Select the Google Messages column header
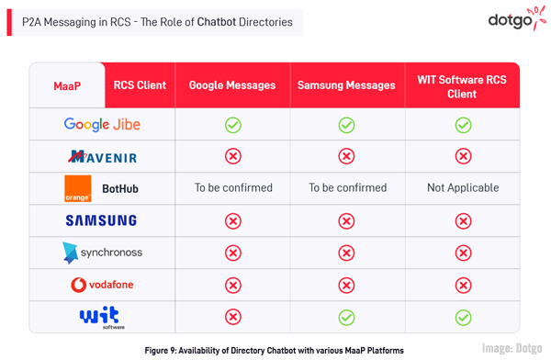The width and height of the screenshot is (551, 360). pyautogui.click(x=232, y=85)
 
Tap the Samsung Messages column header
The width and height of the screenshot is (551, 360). pyautogui.click(x=346, y=85)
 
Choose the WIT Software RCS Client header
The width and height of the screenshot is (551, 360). pyautogui.click(x=462, y=86)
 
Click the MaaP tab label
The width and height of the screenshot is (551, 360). pyautogui.click(x=67, y=86)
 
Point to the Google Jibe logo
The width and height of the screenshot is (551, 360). pyautogui.click(x=102, y=124)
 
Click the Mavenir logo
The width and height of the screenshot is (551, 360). pyautogui.click(x=102, y=156)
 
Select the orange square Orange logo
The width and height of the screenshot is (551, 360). pyautogui.click(x=78, y=188)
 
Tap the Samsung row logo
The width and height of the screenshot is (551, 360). pyautogui.click(x=101, y=220)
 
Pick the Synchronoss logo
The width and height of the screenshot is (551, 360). pyautogui.click(x=102, y=253)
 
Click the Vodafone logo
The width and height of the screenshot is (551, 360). pyautogui.click(x=102, y=285)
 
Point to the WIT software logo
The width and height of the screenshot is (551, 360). pyautogui.click(x=101, y=318)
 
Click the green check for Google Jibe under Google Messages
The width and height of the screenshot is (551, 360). pyautogui.click(x=233, y=124)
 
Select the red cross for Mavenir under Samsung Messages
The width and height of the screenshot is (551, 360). pyautogui.click(x=346, y=156)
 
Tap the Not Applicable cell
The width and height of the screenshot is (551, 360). pyautogui.click(x=463, y=187)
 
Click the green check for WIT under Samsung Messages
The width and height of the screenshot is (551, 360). pyautogui.click(x=346, y=317)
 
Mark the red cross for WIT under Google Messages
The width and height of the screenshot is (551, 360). pyautogui.click(x=233, y=317)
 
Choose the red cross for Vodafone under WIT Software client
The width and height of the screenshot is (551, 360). pyautogui.click(x=463, y=285)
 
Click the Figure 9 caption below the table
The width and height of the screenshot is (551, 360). pyautogui.click(x=274, y=350)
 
